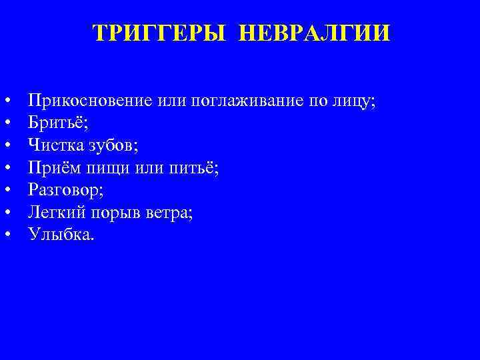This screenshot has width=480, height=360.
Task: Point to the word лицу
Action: coord(353,101)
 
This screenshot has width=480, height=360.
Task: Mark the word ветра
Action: coord(171,211)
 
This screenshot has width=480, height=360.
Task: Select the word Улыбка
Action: coord(61,233)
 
